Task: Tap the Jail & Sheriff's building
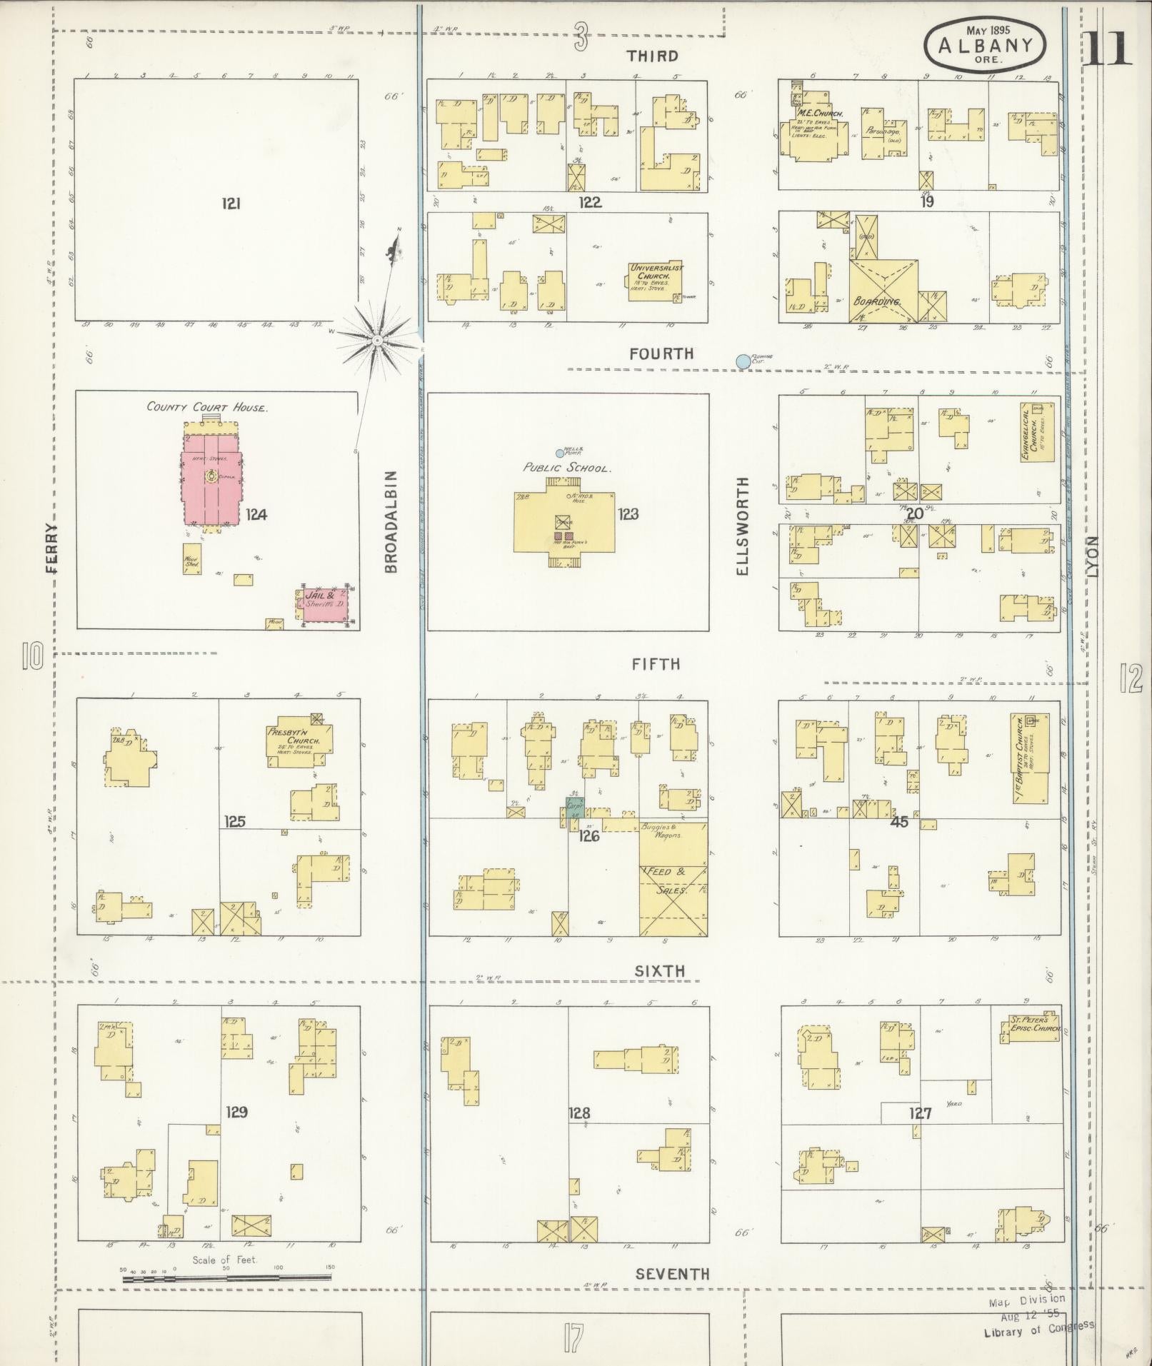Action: pos(324,602)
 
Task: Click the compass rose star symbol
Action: pos(376,341)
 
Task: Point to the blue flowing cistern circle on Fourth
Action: pos(743,362)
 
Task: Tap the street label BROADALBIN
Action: pos(391,521)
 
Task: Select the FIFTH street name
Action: pos(656,664)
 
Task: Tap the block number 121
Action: pos(231,204)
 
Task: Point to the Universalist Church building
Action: pos(656,281)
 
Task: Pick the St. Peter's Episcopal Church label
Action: pos(1033,1025)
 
